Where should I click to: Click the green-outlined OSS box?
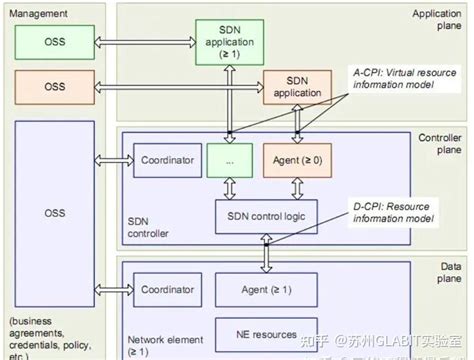pos(53,43)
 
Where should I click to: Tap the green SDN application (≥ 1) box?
pos(228,42)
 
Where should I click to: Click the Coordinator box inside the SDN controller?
pos(166,160)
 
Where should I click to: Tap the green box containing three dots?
pos(231,160)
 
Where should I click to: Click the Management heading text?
pos(40,13)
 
